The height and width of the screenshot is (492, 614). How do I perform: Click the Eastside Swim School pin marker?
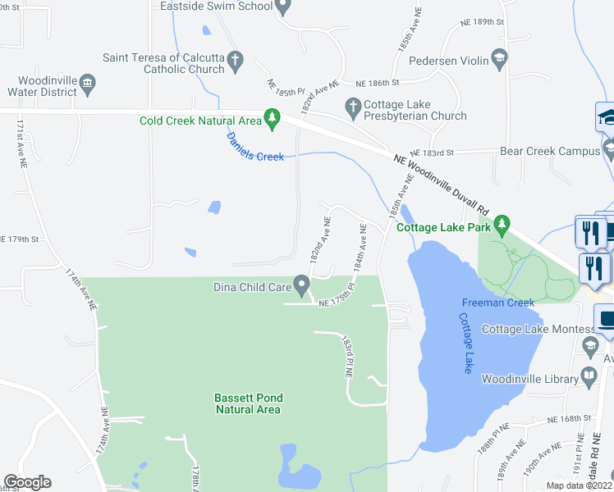click(x=283, y=7)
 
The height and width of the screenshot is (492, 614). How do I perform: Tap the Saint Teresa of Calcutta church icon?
click(x=235, y=59)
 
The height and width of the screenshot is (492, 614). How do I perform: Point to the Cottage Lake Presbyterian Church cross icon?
click(x=353, y=106)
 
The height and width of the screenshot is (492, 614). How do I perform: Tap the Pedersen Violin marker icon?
click(x=498, y=59)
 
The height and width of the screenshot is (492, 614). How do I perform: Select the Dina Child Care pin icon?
click(x=302, y=287)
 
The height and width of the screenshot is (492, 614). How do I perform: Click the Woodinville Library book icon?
click(x=589, y=377)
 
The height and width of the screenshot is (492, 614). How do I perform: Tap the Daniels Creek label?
click(x=255, y=147)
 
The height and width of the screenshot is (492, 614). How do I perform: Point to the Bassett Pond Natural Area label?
click(x=247, y=403)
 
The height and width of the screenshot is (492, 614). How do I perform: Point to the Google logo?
click(x=27, y=482)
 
